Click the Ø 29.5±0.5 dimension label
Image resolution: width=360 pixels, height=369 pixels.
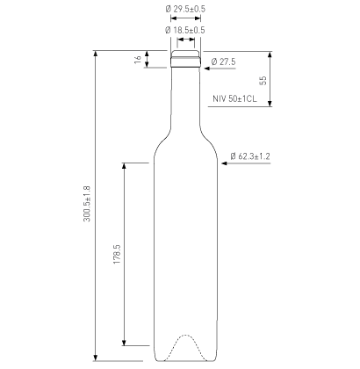click(185, 9)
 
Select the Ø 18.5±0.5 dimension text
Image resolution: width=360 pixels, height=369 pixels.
click(185, 30)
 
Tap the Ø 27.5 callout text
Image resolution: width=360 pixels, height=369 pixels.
click(223, 61)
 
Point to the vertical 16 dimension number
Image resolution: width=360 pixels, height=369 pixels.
click(138, 59)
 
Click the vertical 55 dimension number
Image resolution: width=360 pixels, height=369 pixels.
click(263, 81)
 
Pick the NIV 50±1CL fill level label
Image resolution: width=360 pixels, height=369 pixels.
click(234, 98)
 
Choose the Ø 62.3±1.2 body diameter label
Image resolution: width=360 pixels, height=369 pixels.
click(250, 156)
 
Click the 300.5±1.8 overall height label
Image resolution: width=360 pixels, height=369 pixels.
click(88, 204)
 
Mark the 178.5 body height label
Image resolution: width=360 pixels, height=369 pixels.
click(117, 254)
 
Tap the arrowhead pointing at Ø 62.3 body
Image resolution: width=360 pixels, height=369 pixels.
click(224, 163)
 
